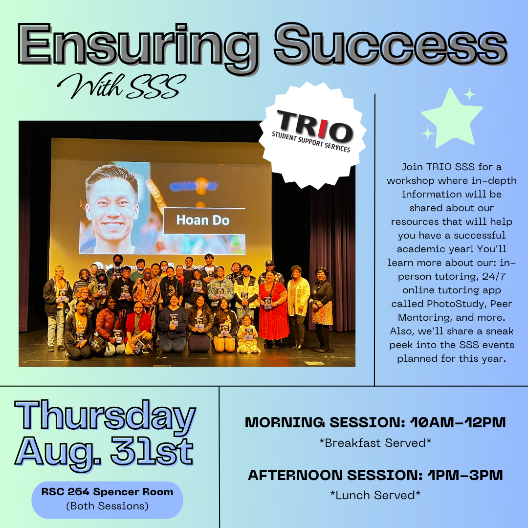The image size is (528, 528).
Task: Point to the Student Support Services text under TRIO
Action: click(x=311, y=142)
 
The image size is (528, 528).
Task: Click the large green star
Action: click(x=451, y=119)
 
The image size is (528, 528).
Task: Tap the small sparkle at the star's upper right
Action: click(x=469, y=94)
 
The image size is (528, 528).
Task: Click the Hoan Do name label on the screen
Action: click(x=202, y=220)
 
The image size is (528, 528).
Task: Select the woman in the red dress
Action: click(x=273, y=306)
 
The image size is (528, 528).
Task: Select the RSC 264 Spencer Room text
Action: click(x=107, y=492)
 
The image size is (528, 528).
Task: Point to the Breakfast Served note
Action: click(x=375, y=443)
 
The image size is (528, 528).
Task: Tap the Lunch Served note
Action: click(x=375, y=495)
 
